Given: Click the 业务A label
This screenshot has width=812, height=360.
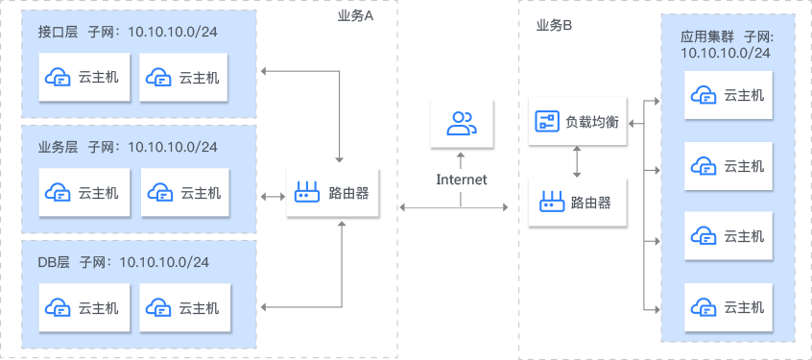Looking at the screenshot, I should (x=355, y=16).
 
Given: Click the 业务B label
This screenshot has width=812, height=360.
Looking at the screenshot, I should (x=555, y=25).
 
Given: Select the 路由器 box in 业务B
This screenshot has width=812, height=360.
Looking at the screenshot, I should (x=577, y=203).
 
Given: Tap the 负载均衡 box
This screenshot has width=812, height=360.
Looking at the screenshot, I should (x=577, y=121).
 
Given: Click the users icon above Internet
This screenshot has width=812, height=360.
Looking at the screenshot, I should (x=462, y=123).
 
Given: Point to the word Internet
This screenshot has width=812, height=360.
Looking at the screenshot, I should (x=462, y=180).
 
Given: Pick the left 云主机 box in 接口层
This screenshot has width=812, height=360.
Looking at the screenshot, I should (x=84, y=78).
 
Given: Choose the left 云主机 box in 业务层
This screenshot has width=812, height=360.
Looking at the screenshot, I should (x=84, y=193).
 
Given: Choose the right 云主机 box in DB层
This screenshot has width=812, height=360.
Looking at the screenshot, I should (x=185, y=308).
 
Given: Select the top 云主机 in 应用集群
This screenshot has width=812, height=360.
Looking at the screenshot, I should (x=728, y=94).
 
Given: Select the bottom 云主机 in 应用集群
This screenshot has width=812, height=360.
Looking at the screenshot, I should (x=728, y=307).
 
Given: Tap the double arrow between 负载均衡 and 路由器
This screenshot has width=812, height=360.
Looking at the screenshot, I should (x=576, y=161).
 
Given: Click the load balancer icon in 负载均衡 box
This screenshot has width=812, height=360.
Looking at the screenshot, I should (x=547, y=121).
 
